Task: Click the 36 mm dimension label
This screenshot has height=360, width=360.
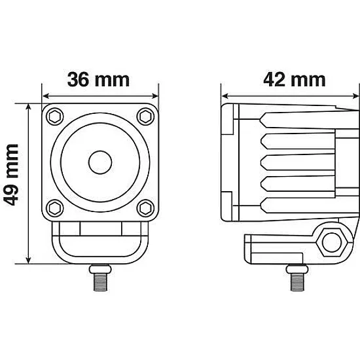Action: (x=98, y=80)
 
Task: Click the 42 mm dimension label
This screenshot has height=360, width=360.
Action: (x=295, y=80)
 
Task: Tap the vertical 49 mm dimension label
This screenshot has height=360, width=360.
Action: (x=12, y=175)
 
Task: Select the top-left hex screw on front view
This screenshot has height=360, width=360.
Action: (x=55, y=117)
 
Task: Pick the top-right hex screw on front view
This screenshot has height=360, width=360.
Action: (x=145, y=117)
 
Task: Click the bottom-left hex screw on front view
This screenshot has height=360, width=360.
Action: (x=55, y=208)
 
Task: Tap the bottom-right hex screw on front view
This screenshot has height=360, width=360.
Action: (x=145, y=208)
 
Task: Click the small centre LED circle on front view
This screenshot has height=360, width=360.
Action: (x=100, y=162)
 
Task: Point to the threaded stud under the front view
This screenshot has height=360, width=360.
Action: (x=100, y=278)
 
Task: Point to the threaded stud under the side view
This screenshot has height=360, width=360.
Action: (x=297, y=278)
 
